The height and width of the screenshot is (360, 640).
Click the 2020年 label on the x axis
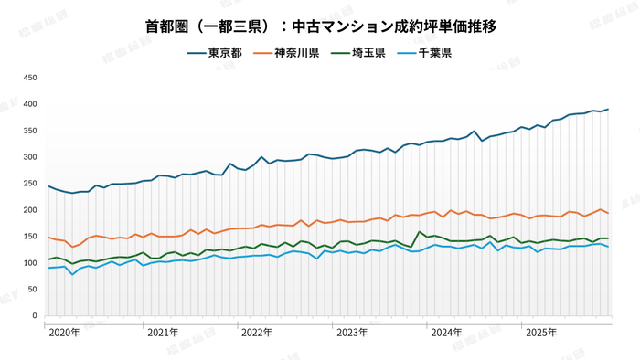pyautogui.click(x=65, y=332)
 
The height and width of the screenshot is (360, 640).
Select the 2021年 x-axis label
pyautogui.click(x=162, y=332)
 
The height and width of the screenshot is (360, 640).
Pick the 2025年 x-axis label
pyautogui.click(x=542, y=332)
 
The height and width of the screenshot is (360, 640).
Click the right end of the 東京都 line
pyautogui.click(x=609, y=110)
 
